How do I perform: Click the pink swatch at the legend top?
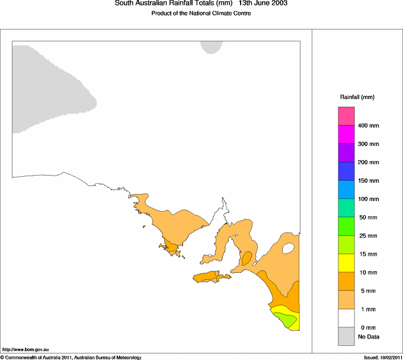click(x=346, y=116)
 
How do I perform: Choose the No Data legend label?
click(x=368, y=337)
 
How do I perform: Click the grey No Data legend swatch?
click(x=346, y=336)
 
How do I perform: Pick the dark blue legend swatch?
click(x=346, y=171)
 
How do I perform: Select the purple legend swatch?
click(x=346, y=152)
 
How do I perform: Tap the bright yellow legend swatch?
click(x=346, y=263)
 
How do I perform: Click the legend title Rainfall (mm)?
click(x=357, y=97)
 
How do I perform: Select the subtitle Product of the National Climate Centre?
click(x=201, y=14)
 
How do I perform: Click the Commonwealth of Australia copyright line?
click(x=71, y=357)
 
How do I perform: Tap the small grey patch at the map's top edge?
click(x=210, y=47)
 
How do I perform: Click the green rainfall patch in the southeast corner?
click(x=287, y=320)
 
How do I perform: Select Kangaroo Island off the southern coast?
click(x=210, y=278)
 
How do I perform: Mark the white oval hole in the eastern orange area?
click(x=289, y=248)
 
